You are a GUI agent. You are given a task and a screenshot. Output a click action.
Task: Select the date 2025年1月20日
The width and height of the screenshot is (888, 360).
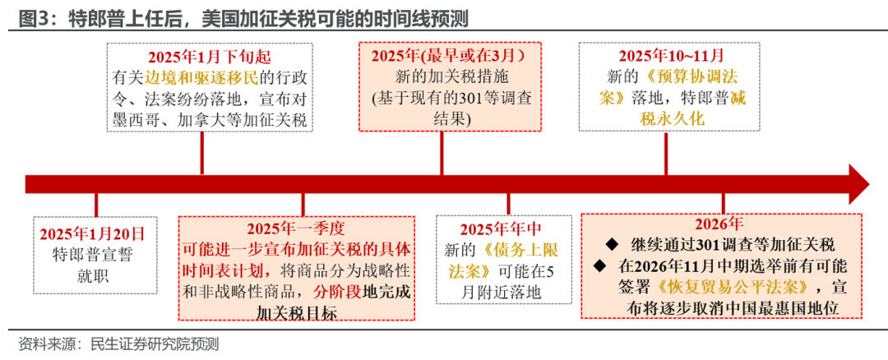tap(95, 234)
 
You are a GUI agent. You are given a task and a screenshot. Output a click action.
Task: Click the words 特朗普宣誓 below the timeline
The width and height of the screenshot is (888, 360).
tap(95, 255)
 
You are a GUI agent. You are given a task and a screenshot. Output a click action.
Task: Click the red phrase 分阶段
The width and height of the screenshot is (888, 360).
tap(337, 292)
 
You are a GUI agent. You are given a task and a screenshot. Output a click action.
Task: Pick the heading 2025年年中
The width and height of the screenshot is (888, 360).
tap(501, 229)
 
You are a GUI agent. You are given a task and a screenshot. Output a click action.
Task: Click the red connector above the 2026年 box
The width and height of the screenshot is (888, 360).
tap(724, 204)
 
